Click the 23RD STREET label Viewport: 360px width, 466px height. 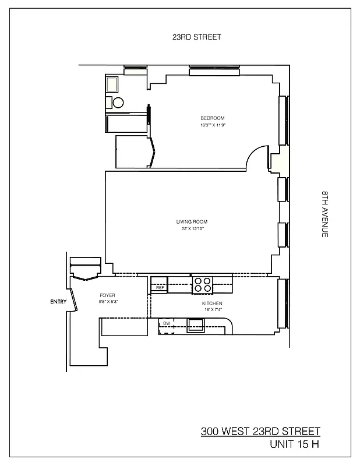point(196,37)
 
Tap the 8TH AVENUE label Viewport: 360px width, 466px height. point(324,214)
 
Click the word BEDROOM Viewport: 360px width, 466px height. point(212,118)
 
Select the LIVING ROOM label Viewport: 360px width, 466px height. point(192,222)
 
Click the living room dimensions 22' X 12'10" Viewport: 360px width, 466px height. point(192,229)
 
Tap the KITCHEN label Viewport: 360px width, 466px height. point(212,303)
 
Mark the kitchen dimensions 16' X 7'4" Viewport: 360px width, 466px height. point(212,310)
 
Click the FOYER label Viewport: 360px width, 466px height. point(107,295)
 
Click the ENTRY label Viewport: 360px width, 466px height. point(58,302)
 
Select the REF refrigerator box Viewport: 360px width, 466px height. point(159,287)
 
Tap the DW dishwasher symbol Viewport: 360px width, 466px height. point(167,323)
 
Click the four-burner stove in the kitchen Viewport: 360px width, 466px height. point(203,284)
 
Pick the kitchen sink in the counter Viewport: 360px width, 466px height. point(195,324)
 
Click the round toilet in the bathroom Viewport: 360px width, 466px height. point(118,103)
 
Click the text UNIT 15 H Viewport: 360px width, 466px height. point(295,444)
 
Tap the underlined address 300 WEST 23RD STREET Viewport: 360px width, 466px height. point(260,432)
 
